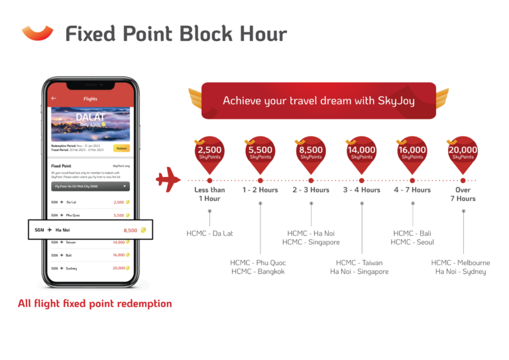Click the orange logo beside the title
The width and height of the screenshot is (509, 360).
(x=38, y=32)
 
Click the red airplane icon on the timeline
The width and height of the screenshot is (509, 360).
(x=168, y=180)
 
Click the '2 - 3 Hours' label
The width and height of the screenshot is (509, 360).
(x=311, y=190)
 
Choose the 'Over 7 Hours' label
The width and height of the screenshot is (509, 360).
(x=463, y=194)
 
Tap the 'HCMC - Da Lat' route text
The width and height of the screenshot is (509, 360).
(x=209, y=233)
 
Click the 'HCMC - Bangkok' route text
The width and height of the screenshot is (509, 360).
(x=258, y=272)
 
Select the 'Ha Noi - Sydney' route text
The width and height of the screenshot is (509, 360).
(x=461, y=272)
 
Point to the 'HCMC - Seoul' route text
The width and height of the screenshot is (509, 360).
(x=412, y=242)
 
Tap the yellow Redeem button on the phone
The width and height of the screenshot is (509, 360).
(x=121, y=149)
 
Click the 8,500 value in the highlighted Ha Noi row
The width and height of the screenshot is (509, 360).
(x=131, y=230)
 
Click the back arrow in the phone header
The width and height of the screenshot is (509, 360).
(x=54, y=99)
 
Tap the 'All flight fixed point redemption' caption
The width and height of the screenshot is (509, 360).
(x=95, y=304)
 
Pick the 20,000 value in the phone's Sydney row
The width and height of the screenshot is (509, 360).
(x=118, y=268)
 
